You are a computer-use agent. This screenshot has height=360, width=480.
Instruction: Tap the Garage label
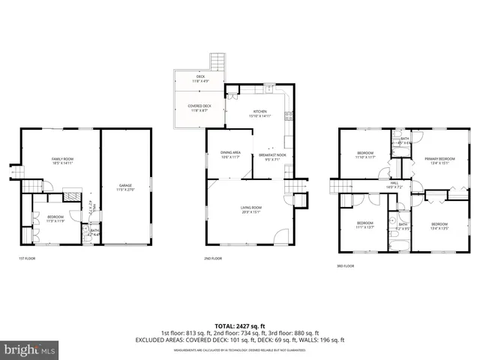click(x=125, y=187)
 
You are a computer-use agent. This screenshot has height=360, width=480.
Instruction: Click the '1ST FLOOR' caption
click(x=27, y=259)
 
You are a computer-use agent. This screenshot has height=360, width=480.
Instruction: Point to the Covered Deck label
click(x=199, y=108)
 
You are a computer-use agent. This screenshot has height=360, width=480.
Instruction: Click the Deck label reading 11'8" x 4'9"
click(x=200, y=79)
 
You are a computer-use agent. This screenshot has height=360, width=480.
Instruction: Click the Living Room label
click(x=250, y=209)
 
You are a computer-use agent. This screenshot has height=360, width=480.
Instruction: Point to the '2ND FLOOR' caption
click(x=213, y=259)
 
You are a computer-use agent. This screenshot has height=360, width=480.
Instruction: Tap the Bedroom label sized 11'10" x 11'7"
click(x=365, y=155)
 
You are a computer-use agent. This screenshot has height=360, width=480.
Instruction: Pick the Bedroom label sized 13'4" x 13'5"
click(x=439, y=226)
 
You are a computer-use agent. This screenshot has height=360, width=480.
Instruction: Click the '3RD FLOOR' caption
click(x=346, y=265)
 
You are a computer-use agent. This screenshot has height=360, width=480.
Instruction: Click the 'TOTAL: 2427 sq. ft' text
click(x=241, y=325)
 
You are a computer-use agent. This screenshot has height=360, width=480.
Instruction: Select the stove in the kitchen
click(x=286, y=115)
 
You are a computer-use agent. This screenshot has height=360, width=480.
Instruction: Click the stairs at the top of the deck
click(x=217, y=61)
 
